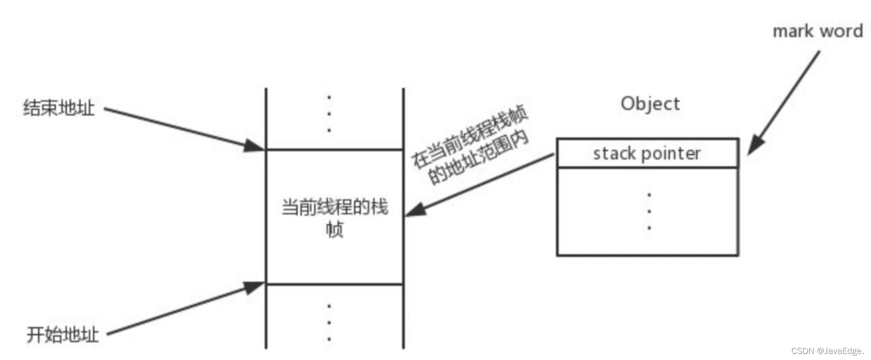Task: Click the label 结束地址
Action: pyautogui.click(x=59, y=108)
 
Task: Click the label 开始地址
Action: pyautogui.click(x=62, y=335)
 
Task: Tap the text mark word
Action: pyautogui.click(x=817, y=31)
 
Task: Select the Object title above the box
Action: pyautogui.click(x=650, y=104)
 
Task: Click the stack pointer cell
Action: pyautogui.click(x=647, y=153)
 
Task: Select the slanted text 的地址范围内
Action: pyautogui.click(x=479, y=157)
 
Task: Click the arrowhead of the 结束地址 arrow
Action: pyautogui.click(x=255, y=146)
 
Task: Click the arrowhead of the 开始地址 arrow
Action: pyautogui.click(x=254, y=287)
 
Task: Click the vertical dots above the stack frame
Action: pyautogui.click(x=329, y=114)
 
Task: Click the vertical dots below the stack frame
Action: pyautogui.click(x=329, y=322)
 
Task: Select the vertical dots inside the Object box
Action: pyautogui.click(x=649, y=211)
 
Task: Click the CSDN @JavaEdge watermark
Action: pyautogui.click(x=827, y=351)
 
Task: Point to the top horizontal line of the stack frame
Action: pyautogui.click(x=335, y=149)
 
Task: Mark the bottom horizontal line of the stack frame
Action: pyautogui.click(x=335, y=284)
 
